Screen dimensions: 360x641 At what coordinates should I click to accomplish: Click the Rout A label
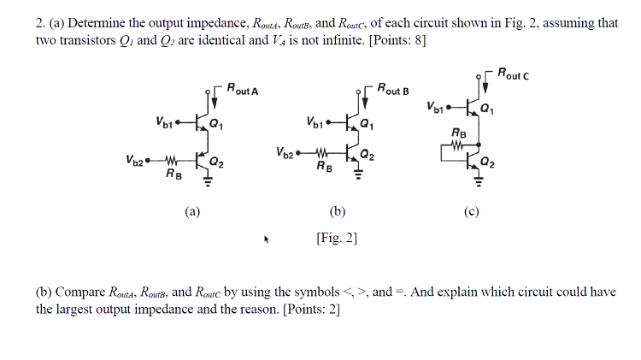pos(244,91)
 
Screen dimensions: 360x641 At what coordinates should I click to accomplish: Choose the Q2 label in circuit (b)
pos(367,155)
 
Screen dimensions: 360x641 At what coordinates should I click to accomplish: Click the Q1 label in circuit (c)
pos(486,109)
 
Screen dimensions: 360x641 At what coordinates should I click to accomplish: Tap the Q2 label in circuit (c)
pos(486,162)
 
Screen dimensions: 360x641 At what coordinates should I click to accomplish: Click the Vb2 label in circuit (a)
pos(134,159)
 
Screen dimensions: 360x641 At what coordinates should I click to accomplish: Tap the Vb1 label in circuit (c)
pos(434,108)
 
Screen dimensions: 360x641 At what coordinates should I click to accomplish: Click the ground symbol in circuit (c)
pos(479,182)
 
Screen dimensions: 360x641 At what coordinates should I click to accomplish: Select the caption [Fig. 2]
pos(336,239)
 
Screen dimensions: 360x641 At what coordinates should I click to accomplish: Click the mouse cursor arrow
pos(267,240)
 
